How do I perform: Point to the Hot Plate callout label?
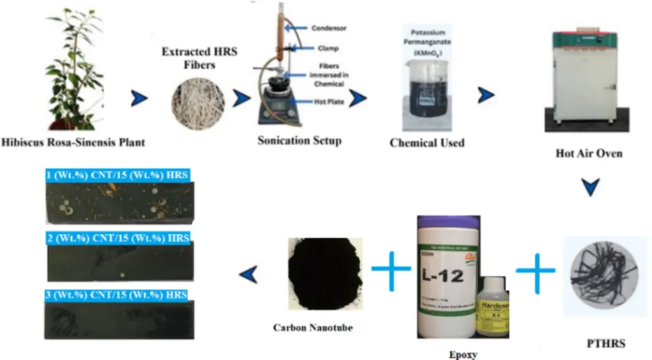pos(329,101)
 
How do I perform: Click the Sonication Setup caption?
pos(299,141)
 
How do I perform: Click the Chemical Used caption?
pos(427,143)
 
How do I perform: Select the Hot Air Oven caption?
pos(588,154)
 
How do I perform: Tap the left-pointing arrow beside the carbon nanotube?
pos(249,274)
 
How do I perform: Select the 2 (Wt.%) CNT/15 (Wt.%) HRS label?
pos(118,238)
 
